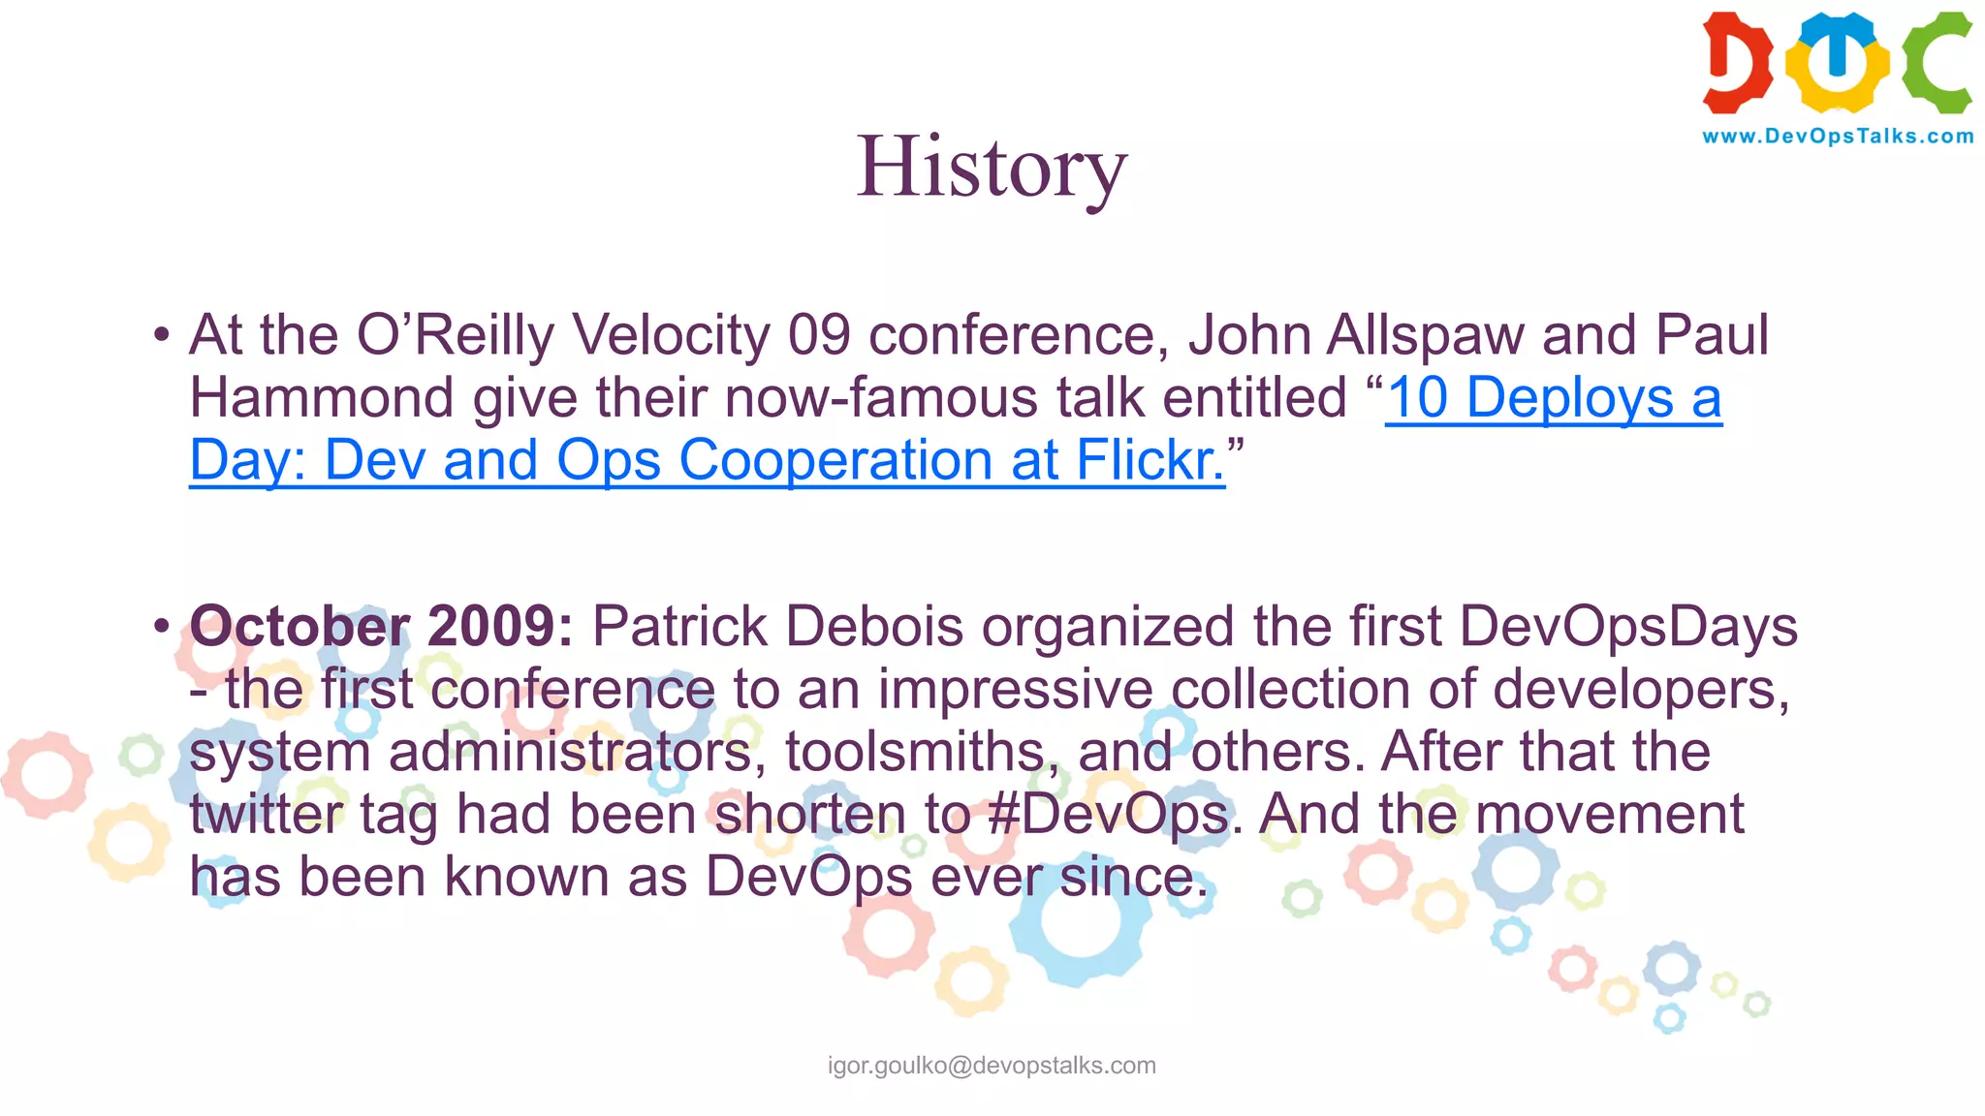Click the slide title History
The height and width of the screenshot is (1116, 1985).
point(992,167)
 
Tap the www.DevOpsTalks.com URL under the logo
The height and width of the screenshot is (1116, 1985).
point(1838,137)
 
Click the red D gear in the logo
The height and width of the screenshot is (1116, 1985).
point(1737,62)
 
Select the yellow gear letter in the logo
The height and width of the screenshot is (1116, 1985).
point(1837,62)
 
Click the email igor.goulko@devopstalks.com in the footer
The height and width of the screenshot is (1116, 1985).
point(992,1066)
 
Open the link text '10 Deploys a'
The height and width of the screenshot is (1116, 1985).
point(1554,397)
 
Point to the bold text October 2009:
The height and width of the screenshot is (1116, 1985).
point(382,626)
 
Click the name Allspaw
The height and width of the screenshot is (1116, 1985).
point(1425,335)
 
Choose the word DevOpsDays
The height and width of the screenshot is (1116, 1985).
point(1628,626)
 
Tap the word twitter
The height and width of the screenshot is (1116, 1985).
point(267,814)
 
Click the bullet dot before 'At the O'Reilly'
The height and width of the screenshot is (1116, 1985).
point(161,336)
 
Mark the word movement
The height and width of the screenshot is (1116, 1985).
point(1609,814)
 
